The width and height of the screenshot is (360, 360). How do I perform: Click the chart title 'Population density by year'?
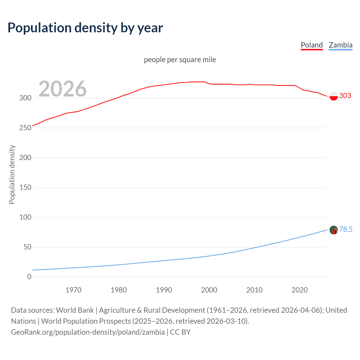[85, 28]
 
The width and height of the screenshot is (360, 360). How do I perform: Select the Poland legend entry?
[312, 45]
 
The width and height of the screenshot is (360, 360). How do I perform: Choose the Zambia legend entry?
[341, 45]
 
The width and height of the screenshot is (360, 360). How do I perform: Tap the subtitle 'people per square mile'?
[180, 60]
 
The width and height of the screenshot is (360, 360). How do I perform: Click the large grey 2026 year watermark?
[62, 89]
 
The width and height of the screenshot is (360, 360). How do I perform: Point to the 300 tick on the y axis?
[25, 98]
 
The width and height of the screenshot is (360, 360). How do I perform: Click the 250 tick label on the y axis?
[25, 128]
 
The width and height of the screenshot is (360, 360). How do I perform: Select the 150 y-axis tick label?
[25, 188]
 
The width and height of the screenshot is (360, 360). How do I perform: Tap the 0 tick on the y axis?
[29, 277]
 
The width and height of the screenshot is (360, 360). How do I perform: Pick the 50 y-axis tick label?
[27, 247]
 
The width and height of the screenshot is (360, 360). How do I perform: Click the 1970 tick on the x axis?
[73, 290]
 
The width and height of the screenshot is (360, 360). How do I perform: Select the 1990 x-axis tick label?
[164, 290]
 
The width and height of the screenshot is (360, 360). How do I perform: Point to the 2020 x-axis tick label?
[300, 290]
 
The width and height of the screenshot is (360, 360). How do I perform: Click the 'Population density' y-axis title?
[12, 174]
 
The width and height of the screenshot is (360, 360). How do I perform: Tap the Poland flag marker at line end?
[334, 96]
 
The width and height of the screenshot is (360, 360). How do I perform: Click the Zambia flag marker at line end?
[334, 230]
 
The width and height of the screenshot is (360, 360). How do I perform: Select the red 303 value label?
[345, 96]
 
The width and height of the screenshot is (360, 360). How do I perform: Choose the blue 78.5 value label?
[346, 229]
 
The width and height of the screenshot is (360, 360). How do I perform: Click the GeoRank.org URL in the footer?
[88, 332]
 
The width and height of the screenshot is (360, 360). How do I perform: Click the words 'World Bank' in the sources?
[75, 310]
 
